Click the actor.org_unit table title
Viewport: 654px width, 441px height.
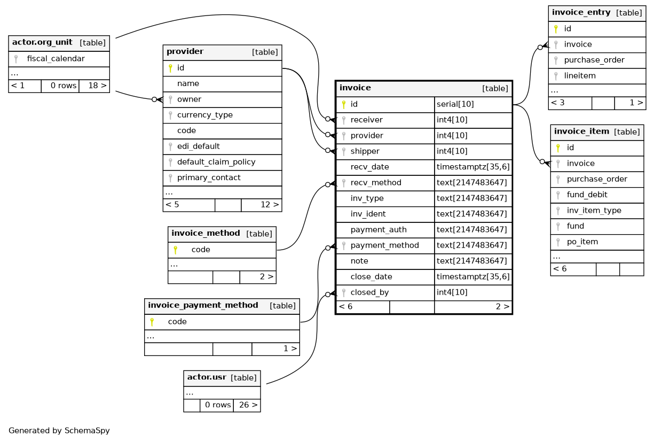tap(42, 42)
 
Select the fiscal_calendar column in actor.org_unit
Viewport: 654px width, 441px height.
tap(56, 59)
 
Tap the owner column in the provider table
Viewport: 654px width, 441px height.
tap(189, 99)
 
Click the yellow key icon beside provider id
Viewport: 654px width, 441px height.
tap(170, 68)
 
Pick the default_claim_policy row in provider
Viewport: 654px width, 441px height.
tap(216, 162)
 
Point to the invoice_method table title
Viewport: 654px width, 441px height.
tap(206, 233)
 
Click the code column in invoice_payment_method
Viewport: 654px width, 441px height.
tap(177, 322)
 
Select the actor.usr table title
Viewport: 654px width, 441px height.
tap(207, 377)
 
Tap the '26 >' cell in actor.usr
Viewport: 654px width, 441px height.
tap(248, 405)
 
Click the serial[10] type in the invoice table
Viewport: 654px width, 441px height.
tap(455, 104)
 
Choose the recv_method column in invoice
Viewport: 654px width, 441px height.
tap(376, 183)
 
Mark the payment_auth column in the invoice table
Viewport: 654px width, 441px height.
tap(379, 230)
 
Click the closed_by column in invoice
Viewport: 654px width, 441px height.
tap(369, 292)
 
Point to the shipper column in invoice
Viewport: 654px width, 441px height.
tap(365, 151)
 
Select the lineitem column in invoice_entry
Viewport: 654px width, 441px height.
tap(580, 76)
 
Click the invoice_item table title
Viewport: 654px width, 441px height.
tap(581, 131)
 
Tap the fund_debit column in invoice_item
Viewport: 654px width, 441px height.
tap(587, 195)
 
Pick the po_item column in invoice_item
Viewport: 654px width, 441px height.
tap(582, 242)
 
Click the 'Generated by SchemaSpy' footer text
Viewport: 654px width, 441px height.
tap(59, 431)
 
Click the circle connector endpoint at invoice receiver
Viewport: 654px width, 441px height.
tap(328, 119)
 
